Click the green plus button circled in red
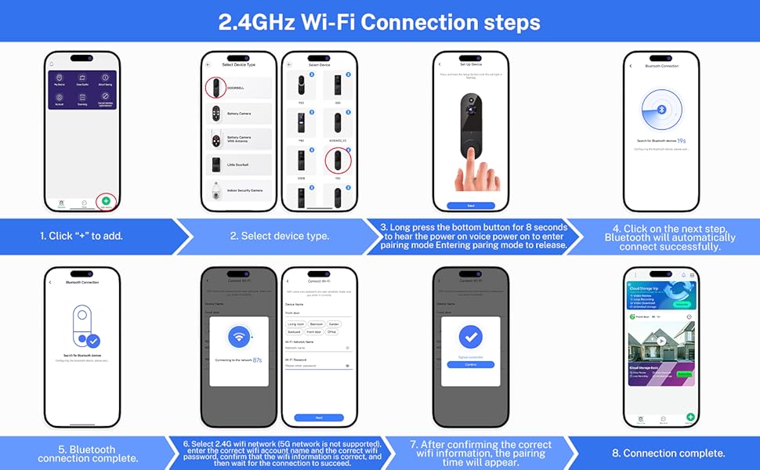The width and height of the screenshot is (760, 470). click(106, 201)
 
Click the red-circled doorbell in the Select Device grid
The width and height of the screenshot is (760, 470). click(338, 161)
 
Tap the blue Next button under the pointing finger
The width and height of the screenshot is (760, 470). click(470, 205)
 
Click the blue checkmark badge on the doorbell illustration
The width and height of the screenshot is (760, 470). click(92, 341)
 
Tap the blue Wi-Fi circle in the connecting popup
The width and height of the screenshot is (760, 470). click(239, 338)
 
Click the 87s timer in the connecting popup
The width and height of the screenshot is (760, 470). click(257, 360)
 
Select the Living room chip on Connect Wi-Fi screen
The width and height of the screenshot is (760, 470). click(296, 323)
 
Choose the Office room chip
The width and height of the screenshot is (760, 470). click(332, 331)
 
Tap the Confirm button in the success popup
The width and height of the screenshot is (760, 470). click(470, 363)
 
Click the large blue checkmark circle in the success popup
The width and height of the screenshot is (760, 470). click(470, 337)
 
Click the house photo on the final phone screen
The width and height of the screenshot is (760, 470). click(660, 342)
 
